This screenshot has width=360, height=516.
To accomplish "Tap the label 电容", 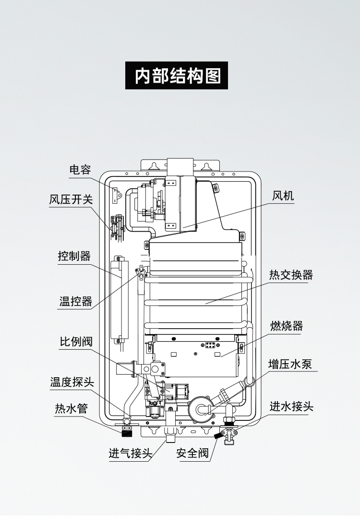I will pyautogui.click(x=80, y=170).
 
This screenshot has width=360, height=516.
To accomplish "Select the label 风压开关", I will pyautogui.click(x=71, y=199).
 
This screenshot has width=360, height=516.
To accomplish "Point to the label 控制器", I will pyautogui.click(x=74, y=256).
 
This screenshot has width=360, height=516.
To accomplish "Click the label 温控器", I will pyautogui.click(x=75, y=301).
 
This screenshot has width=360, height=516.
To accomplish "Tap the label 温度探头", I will pyautogui.click(x=72, y=382).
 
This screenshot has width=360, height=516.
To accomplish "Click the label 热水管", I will pyautogui.click(x=71, y=409).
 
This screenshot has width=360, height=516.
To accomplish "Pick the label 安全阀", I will pyautogui.click(x=192, y=453).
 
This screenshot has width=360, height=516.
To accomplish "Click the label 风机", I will pyautogui.click(x=283, y=196).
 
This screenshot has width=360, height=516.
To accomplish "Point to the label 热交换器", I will pyautogui.click(x=291, y=275).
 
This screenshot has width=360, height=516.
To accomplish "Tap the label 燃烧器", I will pyautogui.click(x=287, y=326).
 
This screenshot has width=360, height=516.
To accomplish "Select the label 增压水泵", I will pyautogui.click(x=290, y=364).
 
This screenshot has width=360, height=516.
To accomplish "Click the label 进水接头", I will pyautogui.click(x=291, y=406).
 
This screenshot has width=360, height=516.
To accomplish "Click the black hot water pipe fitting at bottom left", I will pyautogui.click(x=127, y=430).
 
